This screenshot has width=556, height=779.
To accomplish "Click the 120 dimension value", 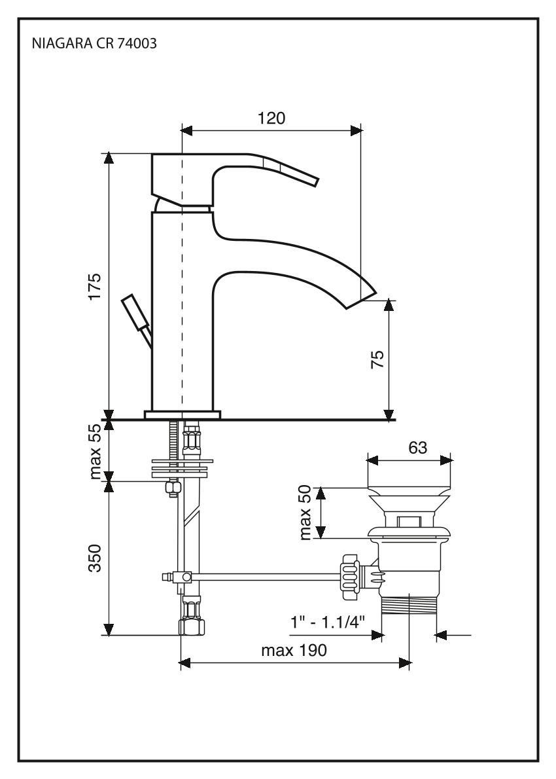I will click(x=271, y=118).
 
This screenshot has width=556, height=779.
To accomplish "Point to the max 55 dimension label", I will click(x=96, y=450).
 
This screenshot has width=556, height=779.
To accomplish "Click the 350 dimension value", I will click(x=96, y=558).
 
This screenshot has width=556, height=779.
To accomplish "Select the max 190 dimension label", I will click(x=294, y=651).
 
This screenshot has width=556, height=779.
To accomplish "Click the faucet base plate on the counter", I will click(x=182, y=414).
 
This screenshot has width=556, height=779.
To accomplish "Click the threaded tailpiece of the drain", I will click(x=409, y=605).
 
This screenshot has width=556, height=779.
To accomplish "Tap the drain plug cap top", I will click(x=409, y=492).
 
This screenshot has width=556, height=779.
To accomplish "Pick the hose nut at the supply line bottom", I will click(x=191, y=627).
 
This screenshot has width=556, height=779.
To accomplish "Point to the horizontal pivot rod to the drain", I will click(x=262, y=576).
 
